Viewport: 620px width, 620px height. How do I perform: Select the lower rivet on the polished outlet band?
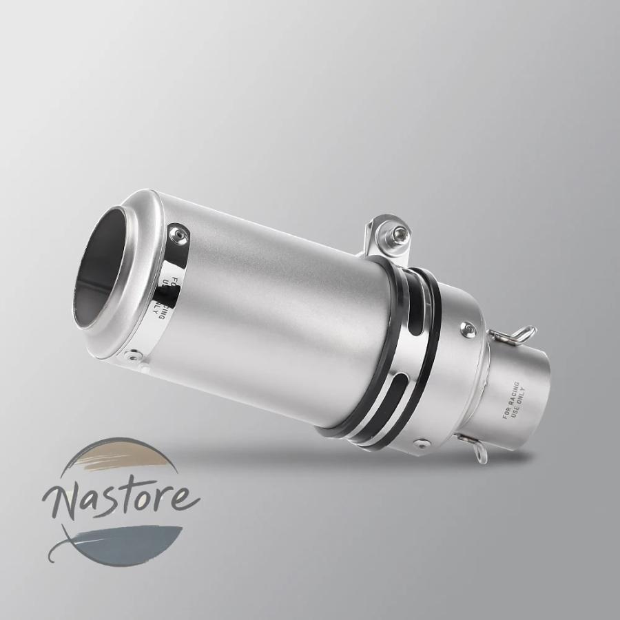tap(132, 356)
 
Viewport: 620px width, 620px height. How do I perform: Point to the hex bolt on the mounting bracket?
tap(399, 234)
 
